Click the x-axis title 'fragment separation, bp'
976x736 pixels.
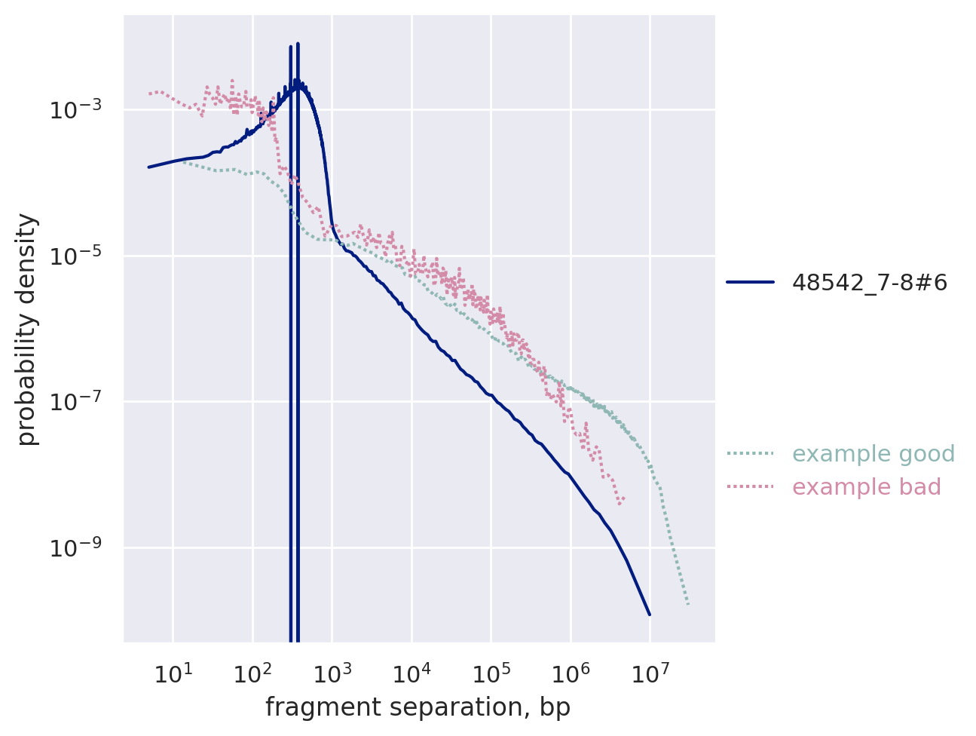pyautogui.click(x=418, y=708)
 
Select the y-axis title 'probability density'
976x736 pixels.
pyautogui.click(x=27, y=329)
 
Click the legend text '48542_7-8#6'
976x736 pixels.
pyautogui.click(x=869, y=283)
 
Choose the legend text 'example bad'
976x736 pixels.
pyautogui.click(x=867, y=487)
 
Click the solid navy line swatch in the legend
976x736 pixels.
pyautogui.click(x=751, y=283)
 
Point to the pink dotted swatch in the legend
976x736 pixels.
pyautogui.click(x=751, y=487)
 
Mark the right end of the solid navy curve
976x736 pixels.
pyautogui.click(x=650, y=615)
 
